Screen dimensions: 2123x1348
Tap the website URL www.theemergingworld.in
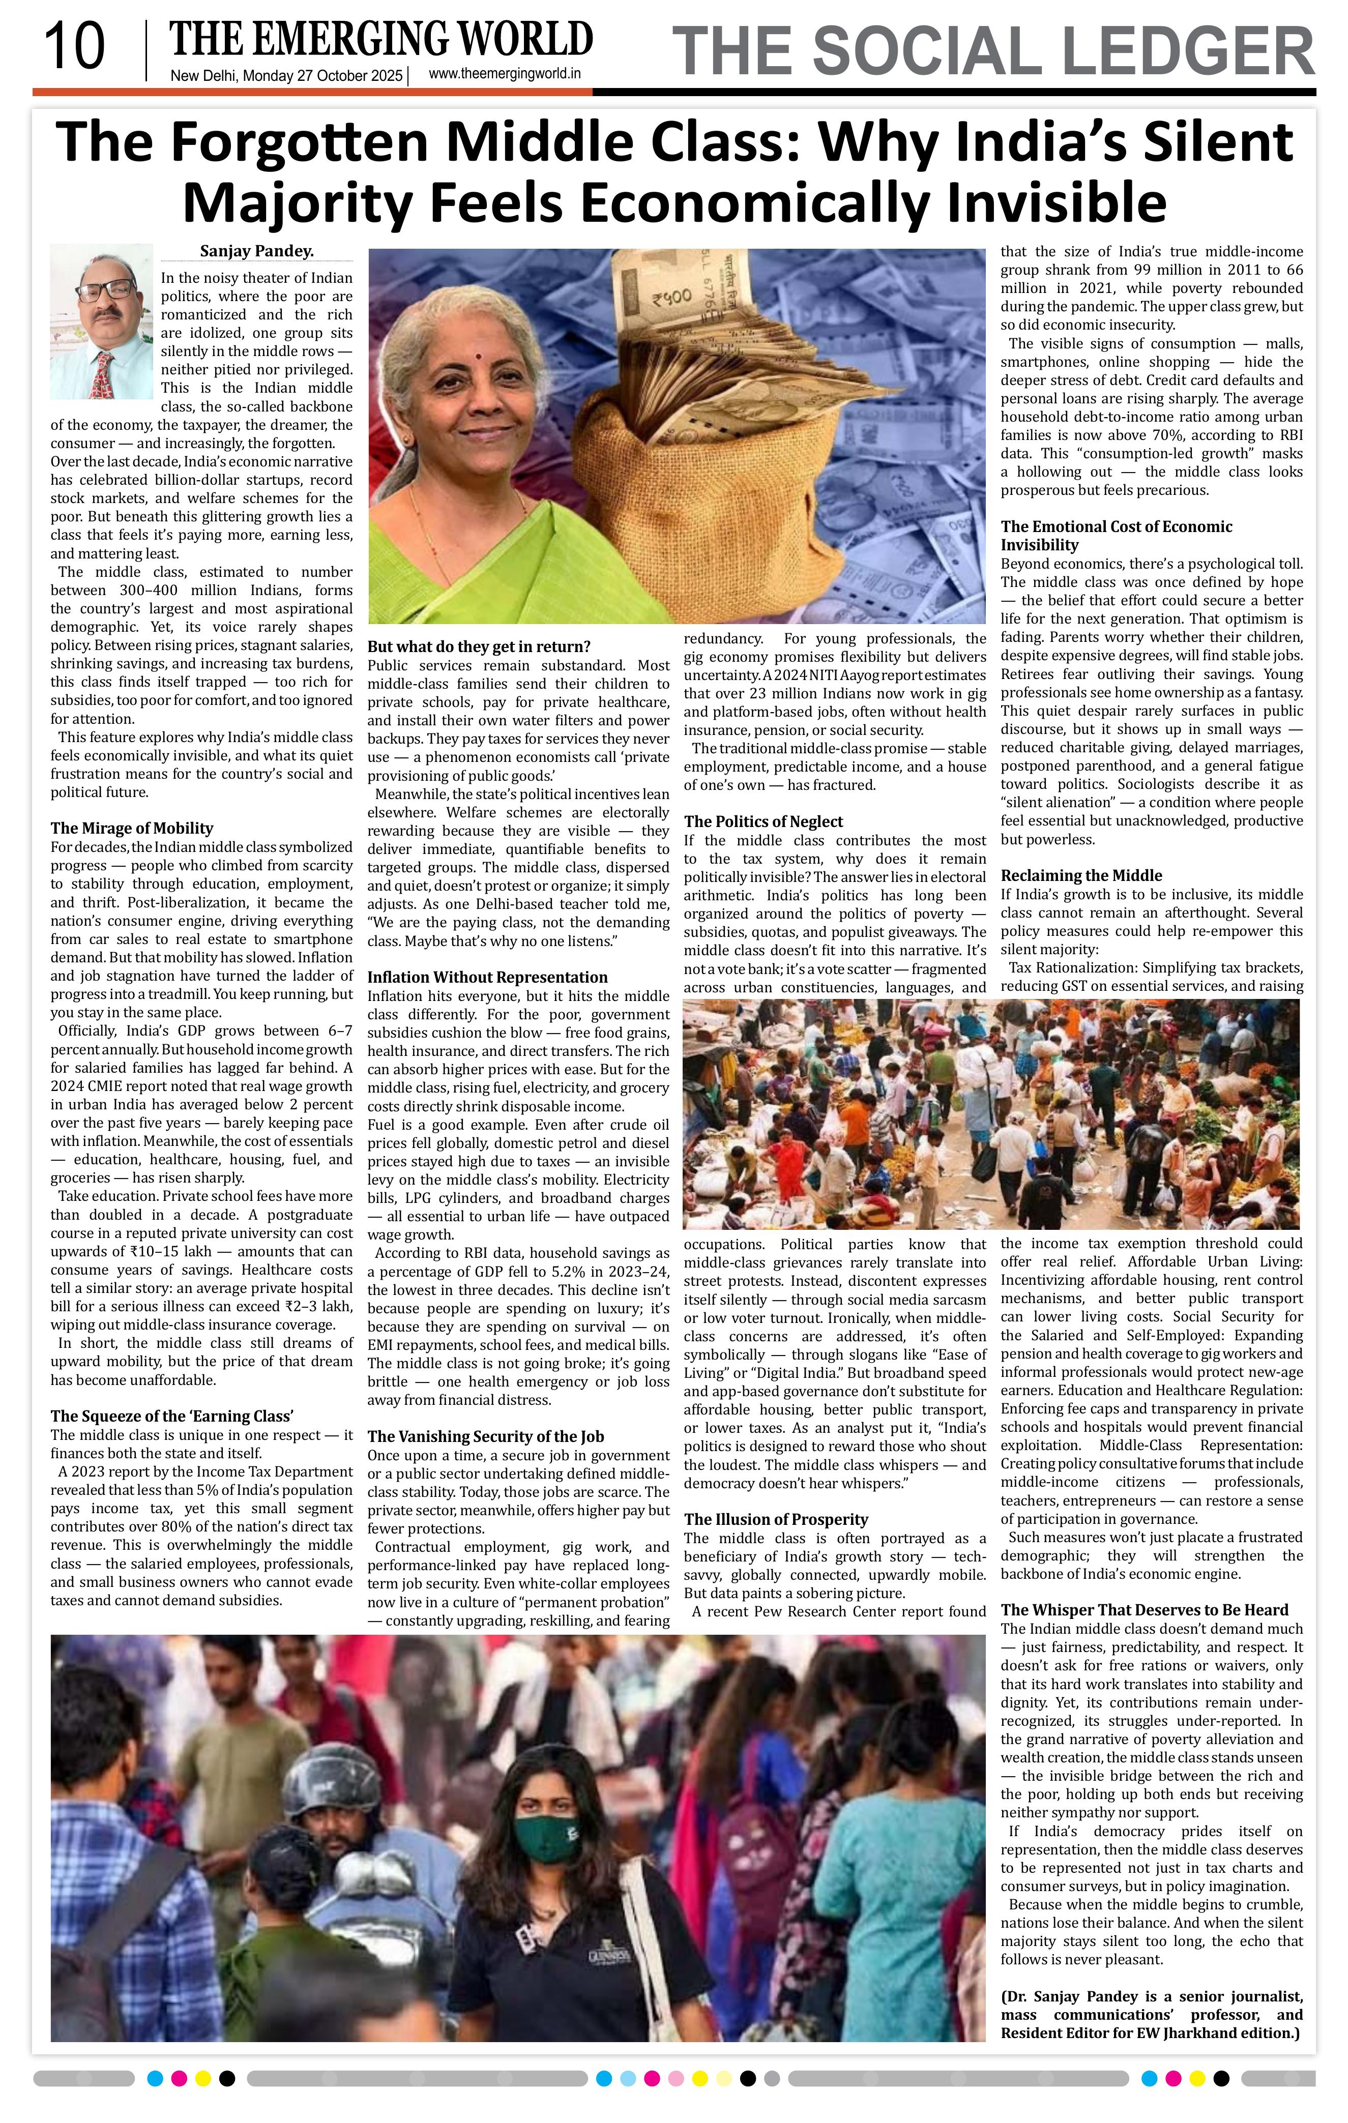(504, 75)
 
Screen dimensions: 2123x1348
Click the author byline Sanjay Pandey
(256, 251)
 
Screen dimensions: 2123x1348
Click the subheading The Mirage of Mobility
(132, 828)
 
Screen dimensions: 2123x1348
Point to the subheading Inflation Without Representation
(487, 977)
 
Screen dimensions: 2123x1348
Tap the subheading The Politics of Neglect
(764, 822)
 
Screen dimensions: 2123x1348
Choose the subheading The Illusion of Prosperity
(776, 1519)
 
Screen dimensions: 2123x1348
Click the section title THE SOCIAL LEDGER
(993, 51)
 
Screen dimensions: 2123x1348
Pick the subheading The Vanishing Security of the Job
(486, 1437)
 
